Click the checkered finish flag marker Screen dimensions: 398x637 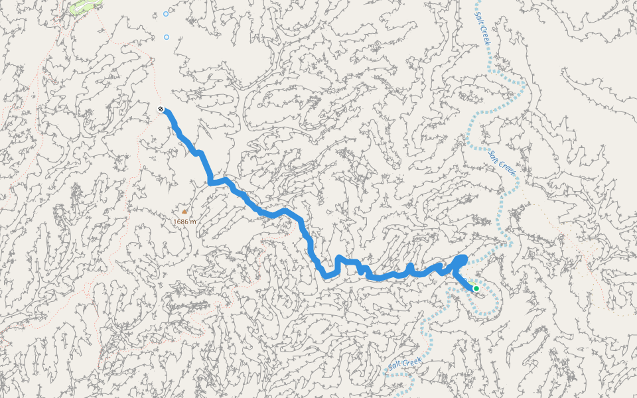(x=161, y=109)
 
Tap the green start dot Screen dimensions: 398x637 (x=476, y=288)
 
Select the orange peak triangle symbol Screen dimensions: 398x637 (x=184, y=212)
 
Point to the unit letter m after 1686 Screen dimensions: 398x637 (x=193, y=222)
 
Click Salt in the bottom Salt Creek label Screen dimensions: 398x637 (x=395, y=367)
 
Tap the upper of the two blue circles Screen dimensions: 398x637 (x=166, y=13)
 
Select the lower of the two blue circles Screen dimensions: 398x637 (x=167, y=37)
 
